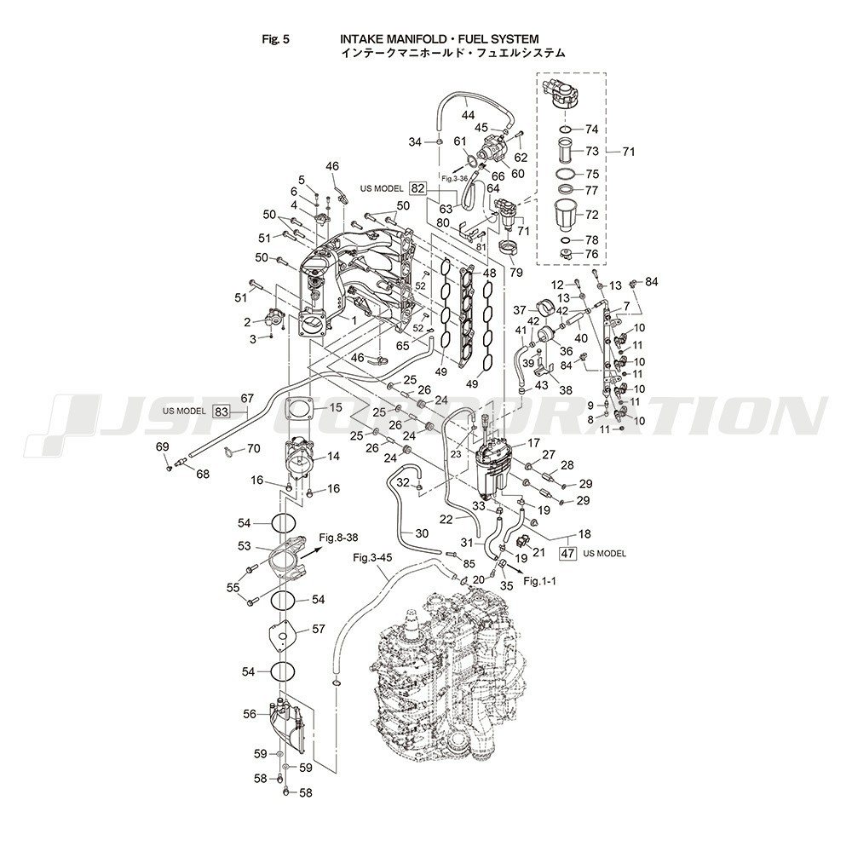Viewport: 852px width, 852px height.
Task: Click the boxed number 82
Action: click(417, 188)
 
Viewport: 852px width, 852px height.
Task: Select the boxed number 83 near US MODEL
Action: click(222, 411)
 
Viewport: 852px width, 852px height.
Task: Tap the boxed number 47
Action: click(567, 553)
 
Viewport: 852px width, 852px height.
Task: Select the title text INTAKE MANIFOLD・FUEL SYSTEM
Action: click(440, 39)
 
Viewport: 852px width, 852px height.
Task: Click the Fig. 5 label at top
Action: click(279, 39)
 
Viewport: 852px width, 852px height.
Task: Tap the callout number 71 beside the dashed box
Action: click(629, 152)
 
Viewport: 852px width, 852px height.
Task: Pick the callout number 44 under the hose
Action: click(468, 114)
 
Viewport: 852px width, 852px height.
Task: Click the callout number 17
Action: click(533, 442)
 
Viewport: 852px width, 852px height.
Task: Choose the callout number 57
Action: click(318, 629)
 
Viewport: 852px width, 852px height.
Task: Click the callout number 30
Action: click(422, 533)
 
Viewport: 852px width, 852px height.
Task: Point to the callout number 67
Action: click(248, 398)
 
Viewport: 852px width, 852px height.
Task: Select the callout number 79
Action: click(515, 273)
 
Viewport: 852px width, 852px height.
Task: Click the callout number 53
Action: click(244, 545)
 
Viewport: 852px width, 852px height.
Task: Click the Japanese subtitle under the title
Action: click(452, 53)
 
